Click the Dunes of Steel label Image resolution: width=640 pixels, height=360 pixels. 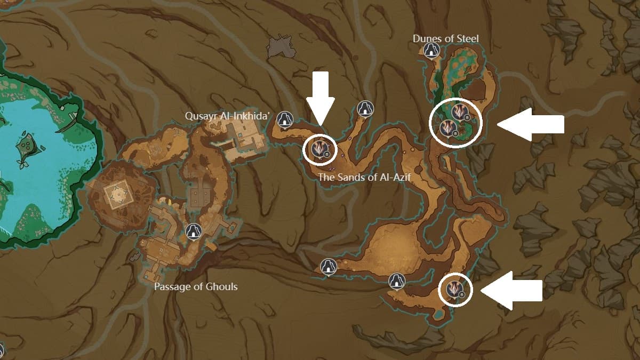pos(445,38)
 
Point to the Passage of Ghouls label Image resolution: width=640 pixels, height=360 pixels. pos(196,287)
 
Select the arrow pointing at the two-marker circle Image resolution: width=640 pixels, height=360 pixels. pos(531,124)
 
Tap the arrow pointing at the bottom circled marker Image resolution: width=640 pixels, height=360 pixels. pos(511,291)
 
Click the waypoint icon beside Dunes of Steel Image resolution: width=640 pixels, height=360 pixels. pos(431,51)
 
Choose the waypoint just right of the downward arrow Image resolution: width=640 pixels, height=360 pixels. pos(365,108)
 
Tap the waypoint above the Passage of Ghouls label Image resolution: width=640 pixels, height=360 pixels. pos(193,231)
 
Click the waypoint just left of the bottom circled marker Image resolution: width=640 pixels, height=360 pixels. pos(396,281)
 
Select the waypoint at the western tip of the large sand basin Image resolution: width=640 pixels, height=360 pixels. pos(327,266)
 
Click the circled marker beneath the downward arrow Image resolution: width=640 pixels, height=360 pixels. pos(319,148)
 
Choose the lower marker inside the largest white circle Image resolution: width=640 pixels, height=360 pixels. pos(447,127)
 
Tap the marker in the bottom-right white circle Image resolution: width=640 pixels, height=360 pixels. pos(454,289)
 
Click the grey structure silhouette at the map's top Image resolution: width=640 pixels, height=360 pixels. pos(281,46)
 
